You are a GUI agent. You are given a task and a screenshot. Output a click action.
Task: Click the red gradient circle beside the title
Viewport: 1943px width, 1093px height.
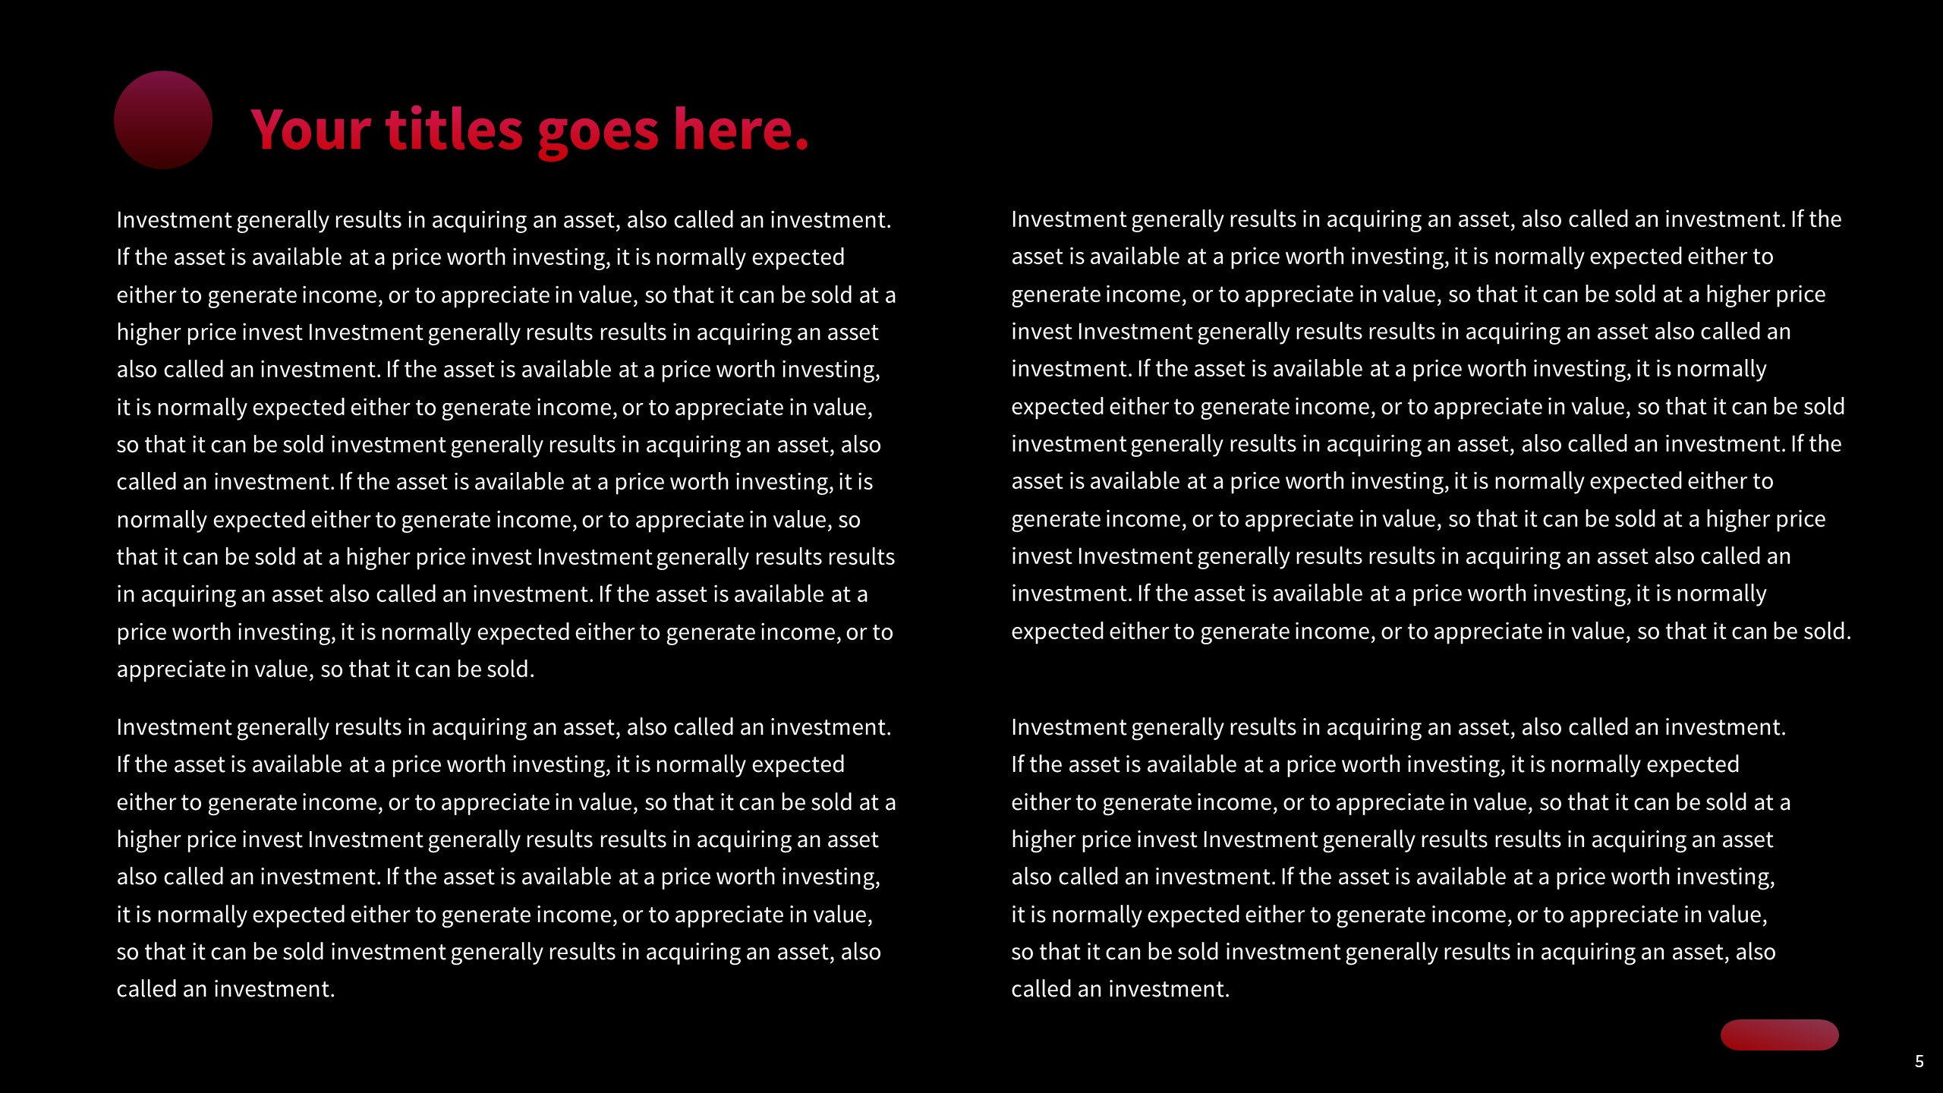pos(162,120)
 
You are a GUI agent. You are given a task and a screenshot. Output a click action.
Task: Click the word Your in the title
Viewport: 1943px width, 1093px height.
pos(310,130)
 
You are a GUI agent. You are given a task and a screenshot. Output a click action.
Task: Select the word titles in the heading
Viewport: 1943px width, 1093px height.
pos(454,130)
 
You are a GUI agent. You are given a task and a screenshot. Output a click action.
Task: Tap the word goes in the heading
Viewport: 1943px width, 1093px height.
pos(598,131)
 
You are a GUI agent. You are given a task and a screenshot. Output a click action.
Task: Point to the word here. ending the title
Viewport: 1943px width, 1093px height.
pos(741,130)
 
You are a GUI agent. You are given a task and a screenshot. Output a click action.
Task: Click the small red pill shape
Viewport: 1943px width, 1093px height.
pos(1779,1035)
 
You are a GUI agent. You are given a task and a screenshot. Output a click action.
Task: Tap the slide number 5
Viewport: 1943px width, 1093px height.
pos(1919,1061)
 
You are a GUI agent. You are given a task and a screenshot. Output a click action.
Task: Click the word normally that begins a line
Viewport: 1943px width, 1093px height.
pos(162,520)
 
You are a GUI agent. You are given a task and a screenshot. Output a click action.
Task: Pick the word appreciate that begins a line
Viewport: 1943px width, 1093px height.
pos(171,669)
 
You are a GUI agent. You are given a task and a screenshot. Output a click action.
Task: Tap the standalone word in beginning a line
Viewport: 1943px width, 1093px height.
pos(125,594)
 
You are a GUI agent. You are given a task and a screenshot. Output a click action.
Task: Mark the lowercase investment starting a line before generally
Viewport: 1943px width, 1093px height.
pos(1068,444)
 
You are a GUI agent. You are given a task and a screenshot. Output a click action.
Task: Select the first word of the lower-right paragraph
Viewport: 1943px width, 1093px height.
pos(1068,727)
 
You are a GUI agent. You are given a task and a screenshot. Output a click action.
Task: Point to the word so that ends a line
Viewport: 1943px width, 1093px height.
pos(849,520)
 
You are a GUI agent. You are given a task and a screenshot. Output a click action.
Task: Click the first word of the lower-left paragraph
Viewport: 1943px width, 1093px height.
pos(173,727)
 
